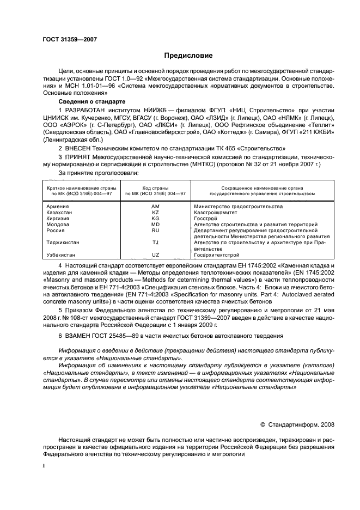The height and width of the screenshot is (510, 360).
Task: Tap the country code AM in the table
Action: [x=155, y=207]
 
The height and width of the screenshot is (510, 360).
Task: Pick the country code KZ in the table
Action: [x=155, y=212]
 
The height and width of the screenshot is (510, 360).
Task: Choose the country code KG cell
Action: [x=155, y=218]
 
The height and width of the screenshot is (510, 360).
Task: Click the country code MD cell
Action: [x=155, y=224]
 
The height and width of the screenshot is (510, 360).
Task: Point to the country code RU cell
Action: [x=155, y=230]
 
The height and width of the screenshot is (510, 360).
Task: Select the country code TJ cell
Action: [x=155, y=242]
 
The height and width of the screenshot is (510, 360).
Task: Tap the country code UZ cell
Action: [x=155, y=254]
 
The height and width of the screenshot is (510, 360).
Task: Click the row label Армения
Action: [x=58, y=207]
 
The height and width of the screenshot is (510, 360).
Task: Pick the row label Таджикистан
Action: [x=64, y=242]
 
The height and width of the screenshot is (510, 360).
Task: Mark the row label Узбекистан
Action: [x=62, y=254]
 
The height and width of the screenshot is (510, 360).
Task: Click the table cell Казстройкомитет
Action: [x=216, y=212]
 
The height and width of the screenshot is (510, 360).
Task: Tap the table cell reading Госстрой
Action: [x=205, y=218]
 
